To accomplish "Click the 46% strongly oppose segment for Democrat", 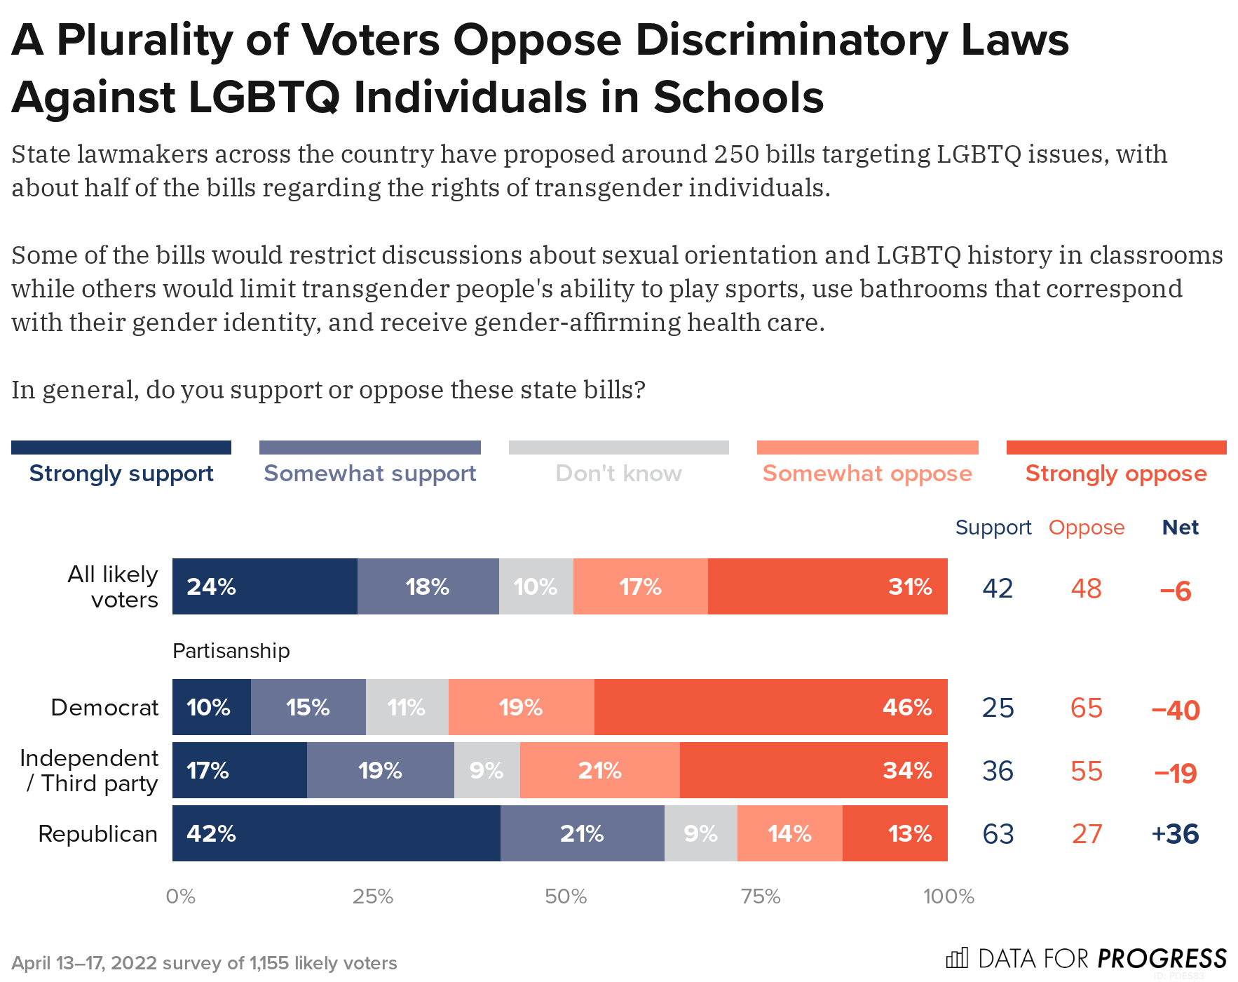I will click(x=770, y=707).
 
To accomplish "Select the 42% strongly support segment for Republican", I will click(x=336, y=833).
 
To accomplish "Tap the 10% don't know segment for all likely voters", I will click(x=536, y=586).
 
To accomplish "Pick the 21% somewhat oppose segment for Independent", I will click(x=599, y=770).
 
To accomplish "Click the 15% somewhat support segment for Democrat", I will click(x=308, y=707).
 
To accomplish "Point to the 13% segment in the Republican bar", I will click(x=895, y=833).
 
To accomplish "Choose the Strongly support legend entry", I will click(x=121, y=473).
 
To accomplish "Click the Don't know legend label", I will click(x=618, y=473).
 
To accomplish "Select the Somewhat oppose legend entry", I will click(x=867, y=473).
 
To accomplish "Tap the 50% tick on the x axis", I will click(x=566, y=896).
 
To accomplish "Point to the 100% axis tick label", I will click(x=948, y=896).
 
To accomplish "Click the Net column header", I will click(x=1180, y=527).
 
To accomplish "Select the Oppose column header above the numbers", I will click(x=1086, y=527).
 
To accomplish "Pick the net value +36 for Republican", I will click(x=1175, y=834).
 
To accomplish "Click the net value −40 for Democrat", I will click(x=1176, y=710).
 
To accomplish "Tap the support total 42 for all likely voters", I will click(x=998, y=588).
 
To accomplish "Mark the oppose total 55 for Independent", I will click(x=1087, y=771).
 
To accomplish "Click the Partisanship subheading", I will click(x=231, y=651).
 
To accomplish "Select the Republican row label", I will click(x=97, y=834).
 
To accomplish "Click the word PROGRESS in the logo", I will click(x=1162, y=958).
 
